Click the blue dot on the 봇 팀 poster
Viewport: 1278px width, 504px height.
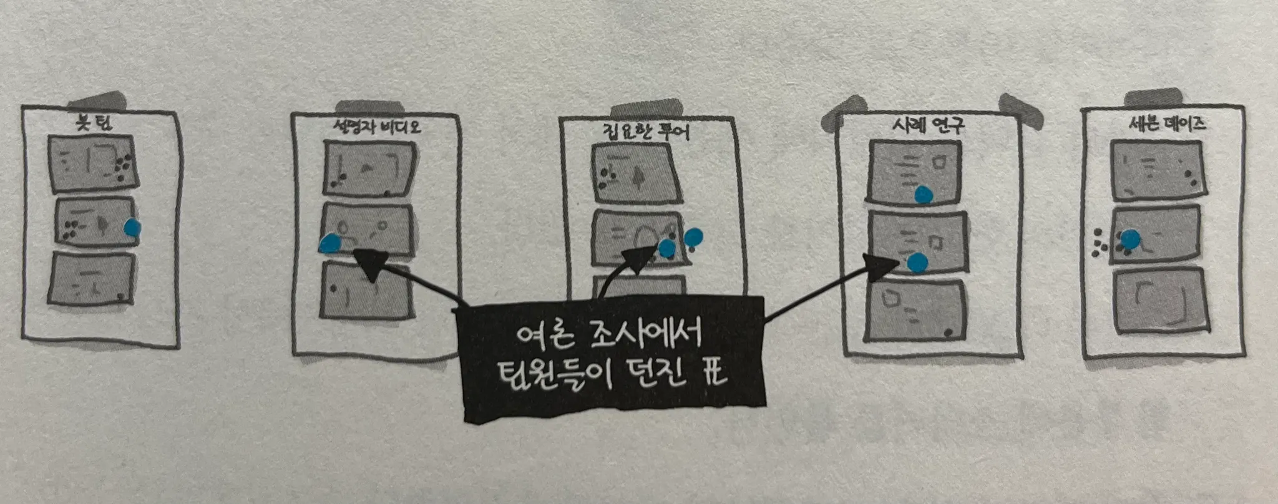click(x=132, y=228)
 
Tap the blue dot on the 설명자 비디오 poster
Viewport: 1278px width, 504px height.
click(x=329, y=243)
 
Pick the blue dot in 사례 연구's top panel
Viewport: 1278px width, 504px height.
click(x=924, y=195)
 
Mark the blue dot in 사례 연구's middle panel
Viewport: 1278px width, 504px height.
click(x=917, y=263)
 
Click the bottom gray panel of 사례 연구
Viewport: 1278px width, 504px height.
click(x=916, y=312)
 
